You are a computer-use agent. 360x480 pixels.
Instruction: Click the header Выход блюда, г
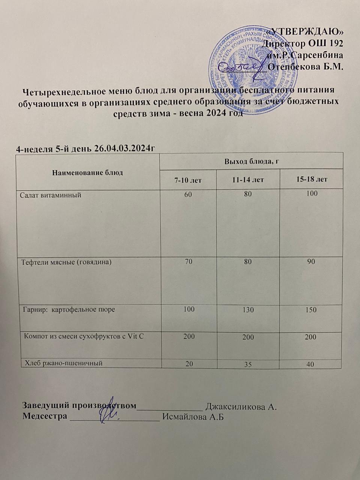pos(252,161)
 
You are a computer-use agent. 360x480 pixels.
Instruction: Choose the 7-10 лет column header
pos(188,180)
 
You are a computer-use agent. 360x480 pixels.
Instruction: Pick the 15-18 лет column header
pos(312,179)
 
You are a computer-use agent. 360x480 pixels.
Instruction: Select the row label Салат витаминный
pos(51,195)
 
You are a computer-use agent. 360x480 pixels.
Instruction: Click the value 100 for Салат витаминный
pos(311,193)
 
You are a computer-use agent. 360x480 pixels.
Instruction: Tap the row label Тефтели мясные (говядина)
pos(66,262)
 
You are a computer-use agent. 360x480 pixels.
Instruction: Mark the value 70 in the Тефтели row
pos(188,262)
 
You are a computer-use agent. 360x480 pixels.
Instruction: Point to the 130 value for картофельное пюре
pos(248,310)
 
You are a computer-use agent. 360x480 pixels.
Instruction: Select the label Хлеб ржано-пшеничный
pos(63,363)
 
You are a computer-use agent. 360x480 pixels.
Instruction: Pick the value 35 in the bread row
pos(248,364)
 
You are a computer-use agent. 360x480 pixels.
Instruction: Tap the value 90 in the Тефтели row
pos(311,262)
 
